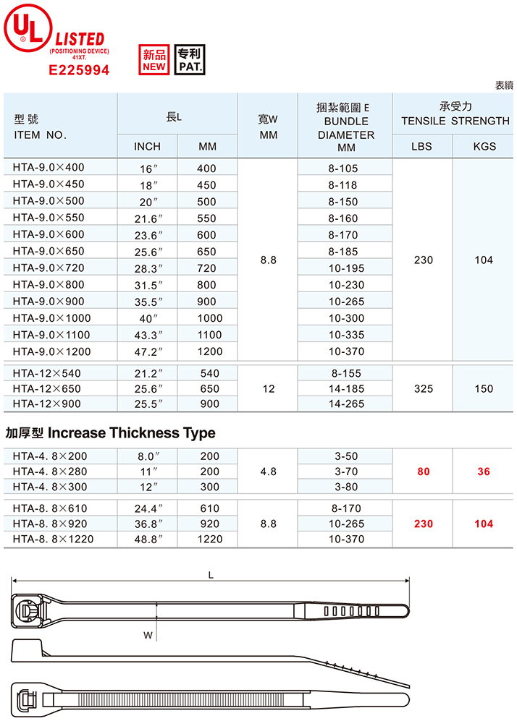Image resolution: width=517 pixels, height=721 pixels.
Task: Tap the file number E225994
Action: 79,70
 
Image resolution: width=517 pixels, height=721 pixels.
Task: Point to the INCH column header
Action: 148,146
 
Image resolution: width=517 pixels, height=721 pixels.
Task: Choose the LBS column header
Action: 421,146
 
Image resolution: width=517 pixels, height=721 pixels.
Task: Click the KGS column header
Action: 484,146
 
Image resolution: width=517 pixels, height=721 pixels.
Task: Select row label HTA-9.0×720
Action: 49,268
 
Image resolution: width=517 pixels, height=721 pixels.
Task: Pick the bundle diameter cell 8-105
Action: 343,168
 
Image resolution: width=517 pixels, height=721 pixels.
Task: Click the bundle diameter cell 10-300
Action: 343,318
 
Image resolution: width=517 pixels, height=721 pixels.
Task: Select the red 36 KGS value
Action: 484,472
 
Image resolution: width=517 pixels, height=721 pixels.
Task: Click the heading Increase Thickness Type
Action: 111,433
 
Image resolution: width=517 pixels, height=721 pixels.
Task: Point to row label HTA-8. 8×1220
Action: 53,539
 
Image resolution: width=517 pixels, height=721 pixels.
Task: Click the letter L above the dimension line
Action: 211,576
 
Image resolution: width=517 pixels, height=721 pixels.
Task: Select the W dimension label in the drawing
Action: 148,636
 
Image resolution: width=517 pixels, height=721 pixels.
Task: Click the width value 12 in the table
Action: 269,389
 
